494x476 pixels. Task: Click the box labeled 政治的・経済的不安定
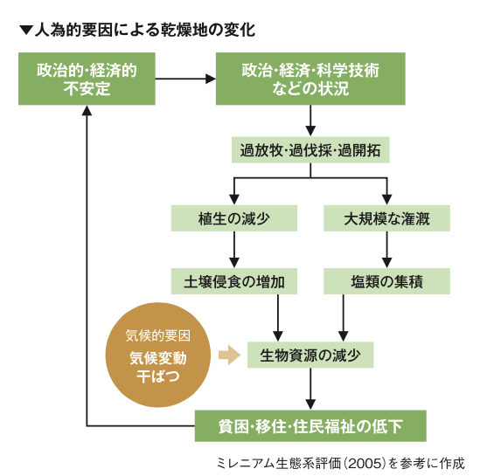pyautogui.click(x=87, y=79)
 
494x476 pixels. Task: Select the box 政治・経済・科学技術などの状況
pyautogui.click(x=310, y=79)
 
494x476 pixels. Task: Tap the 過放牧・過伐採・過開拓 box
pyautogui.click(x=310, y=150)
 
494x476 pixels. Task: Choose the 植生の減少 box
pyautogui.click(x=234, y=217)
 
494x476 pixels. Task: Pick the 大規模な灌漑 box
pyautogui.click(x=386, y=217)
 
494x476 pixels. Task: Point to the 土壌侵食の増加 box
pyautogui.click(x=234, y=281)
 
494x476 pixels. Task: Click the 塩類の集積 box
pyautogui.click(x=386, y=281)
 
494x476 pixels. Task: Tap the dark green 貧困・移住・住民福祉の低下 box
pyautogui.click(x=310, y=426)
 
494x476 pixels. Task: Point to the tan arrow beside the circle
pyautogui.click(x=227, y=355)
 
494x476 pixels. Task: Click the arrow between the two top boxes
pyautogui.click(x=185, y=79)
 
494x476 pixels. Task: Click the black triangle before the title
pyautogui.click(x=24, y=31)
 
